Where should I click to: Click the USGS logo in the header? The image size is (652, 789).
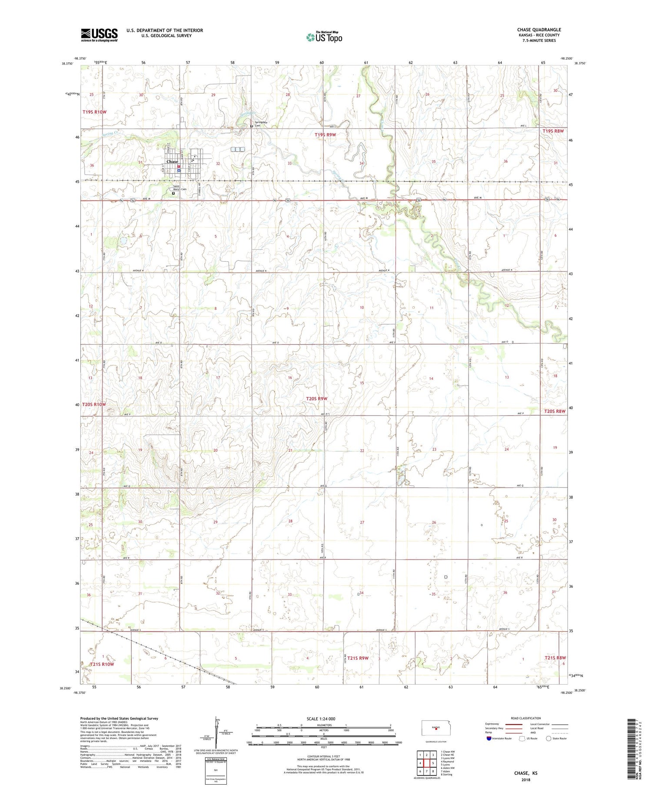tap(99, 35)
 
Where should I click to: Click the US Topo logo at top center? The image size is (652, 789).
tap(324, 37)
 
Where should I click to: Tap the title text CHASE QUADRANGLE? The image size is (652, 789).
tap(539, 30)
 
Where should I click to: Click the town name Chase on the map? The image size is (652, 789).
tap(172, 161)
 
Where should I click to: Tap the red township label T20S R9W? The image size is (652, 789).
tap(316, 399)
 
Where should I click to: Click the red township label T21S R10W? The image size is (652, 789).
tap(102, 665)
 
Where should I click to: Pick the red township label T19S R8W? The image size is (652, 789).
tap(552, 131)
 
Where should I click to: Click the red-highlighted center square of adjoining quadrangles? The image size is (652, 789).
tap(426, 763)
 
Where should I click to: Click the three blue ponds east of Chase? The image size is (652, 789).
tap(237, 149)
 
